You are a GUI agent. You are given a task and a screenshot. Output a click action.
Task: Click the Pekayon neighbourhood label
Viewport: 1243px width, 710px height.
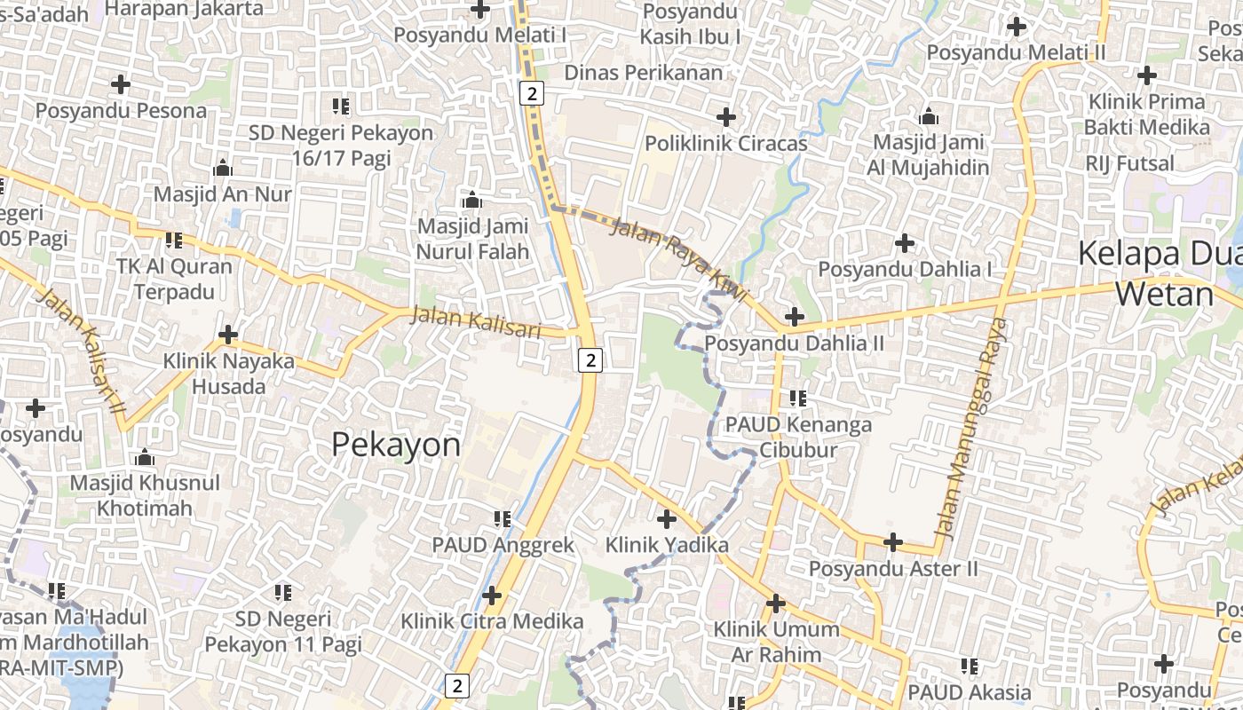[x=396, y=445]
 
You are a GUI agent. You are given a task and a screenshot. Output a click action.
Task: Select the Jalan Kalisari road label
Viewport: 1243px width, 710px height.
[x=476, y=320]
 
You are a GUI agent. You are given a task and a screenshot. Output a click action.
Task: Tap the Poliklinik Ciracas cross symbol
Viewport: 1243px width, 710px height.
[x=726, y=116]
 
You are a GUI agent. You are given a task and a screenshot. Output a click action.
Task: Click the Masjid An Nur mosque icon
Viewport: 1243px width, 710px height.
[x=223, y=167]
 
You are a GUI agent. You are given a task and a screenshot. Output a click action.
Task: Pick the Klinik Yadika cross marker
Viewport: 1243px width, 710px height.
[x=667, y=518]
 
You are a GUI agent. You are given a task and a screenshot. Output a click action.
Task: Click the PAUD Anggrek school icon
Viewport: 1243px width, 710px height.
[x=503, y=518]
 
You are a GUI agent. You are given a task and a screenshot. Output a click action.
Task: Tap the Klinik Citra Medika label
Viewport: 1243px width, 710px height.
[x=492, y=621]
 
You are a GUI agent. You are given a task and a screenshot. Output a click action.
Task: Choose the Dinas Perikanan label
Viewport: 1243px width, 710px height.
[x=644, y=73]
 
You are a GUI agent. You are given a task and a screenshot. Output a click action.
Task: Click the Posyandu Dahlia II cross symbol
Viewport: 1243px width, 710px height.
[x=795, y=316]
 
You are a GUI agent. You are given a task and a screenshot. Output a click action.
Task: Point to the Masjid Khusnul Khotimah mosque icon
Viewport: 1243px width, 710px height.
[x=144, y=457]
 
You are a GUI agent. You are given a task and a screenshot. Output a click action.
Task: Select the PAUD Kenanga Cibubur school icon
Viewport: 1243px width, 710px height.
[x=797, y=398]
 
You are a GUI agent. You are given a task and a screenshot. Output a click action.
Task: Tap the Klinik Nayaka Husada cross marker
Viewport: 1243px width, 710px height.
[x=228, y=335]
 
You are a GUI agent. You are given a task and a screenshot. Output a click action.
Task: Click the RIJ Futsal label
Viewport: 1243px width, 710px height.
[x=1129, y=163]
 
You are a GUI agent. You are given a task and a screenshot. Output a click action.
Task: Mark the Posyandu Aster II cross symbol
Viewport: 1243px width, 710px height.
[x=893, y=541]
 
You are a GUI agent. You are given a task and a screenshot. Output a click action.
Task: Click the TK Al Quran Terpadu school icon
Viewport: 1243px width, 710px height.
[x=174, y=240]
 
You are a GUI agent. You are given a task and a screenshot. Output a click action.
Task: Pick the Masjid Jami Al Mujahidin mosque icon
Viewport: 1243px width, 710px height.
[x=929, y=116]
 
